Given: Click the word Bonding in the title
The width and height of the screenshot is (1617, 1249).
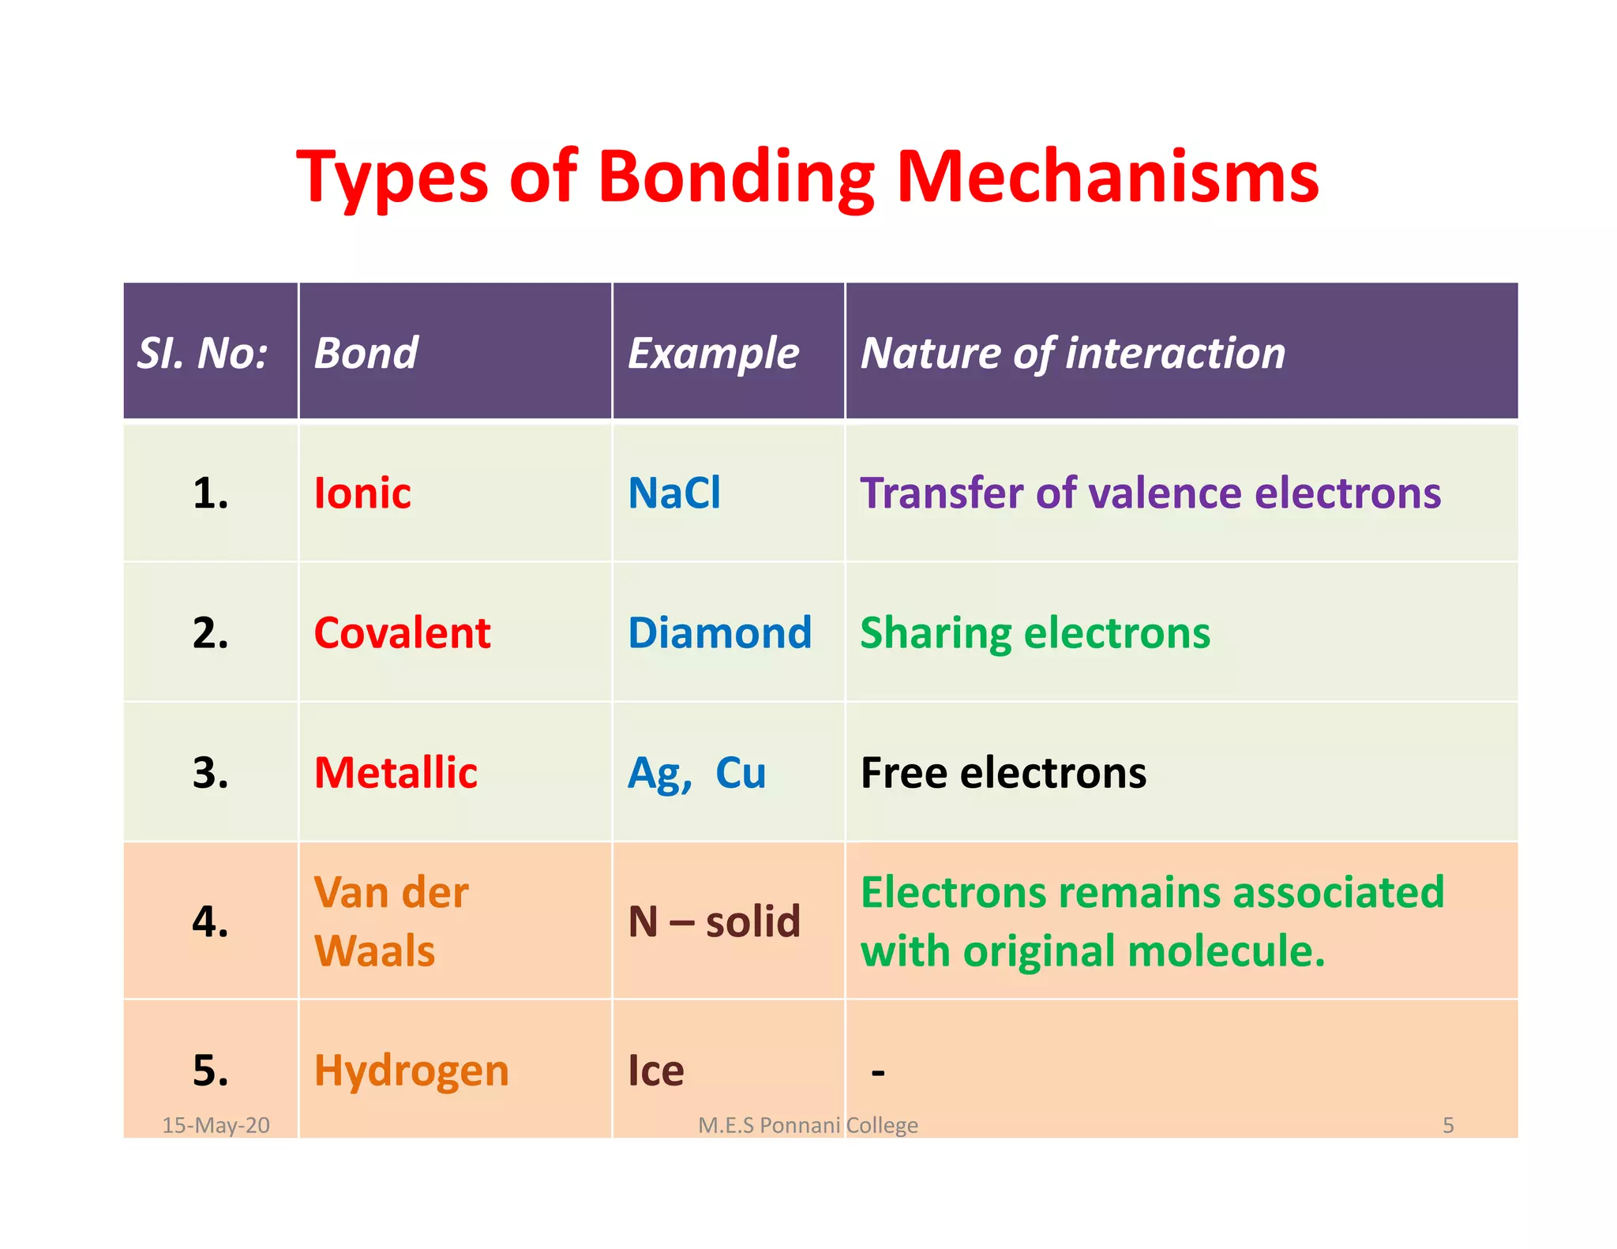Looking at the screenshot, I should [736, 177].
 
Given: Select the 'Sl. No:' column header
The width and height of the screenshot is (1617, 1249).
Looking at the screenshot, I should [203, 353].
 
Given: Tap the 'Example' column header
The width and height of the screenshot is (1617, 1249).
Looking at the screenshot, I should [713, 353].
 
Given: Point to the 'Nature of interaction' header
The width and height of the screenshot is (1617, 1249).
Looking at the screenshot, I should [1072, 353].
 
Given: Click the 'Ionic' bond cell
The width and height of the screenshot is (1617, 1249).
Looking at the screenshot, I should [362, 493].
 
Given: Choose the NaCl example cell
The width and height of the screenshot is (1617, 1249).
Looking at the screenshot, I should [674, 493].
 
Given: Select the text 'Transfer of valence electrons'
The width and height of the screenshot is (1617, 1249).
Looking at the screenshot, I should [1150, 493].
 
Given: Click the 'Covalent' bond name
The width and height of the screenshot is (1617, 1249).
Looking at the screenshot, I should [402, 633].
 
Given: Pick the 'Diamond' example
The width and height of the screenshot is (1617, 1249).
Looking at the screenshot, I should [719, 633].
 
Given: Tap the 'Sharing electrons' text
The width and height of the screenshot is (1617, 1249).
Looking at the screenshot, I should [1034, 633].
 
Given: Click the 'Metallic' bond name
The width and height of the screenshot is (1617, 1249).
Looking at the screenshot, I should [396, 773].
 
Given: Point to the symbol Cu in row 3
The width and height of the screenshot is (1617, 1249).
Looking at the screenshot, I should [741, 773].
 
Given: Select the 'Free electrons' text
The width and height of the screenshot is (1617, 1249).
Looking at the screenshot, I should [1003, 773].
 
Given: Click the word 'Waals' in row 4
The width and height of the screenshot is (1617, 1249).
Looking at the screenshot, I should [374, 951].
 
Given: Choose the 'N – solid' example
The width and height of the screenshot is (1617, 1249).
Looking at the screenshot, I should [714, 921].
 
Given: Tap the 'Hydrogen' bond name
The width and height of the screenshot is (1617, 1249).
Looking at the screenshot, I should [411, 1071].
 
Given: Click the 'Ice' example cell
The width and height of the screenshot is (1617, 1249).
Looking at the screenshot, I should [655, 1071].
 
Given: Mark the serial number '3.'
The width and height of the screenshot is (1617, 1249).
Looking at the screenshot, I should [211, 773].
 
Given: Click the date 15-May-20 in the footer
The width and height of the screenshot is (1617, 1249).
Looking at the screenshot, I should [216, 1125].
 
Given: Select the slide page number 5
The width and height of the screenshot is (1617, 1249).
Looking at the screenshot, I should [1448, 1125].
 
